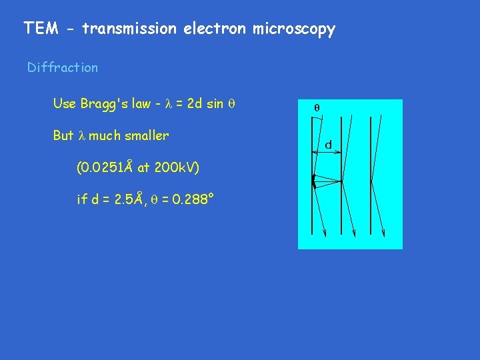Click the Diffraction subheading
click(62, 67)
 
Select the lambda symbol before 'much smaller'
click(82, 136)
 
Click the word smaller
click(147, 135)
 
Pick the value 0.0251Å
click(107, 167)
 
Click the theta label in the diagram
click(317, 107)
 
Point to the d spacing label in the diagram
click(329, 144)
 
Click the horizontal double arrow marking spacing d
click(329, 154)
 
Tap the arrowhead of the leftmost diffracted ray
click(324, 233)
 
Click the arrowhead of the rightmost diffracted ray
click(385, 233)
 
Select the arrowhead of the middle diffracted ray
click(354, 233)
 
